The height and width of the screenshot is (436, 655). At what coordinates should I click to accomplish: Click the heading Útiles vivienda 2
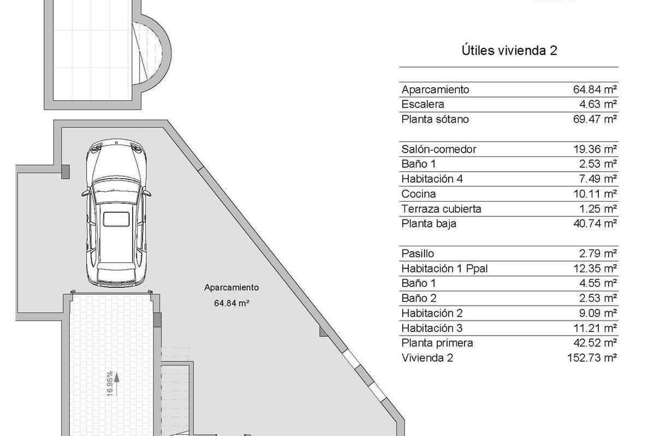[x=509, y=51]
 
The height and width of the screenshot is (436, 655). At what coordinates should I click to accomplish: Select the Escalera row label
[x=422, y=104]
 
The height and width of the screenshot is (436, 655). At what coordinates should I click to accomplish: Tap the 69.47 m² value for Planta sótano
[x=595, y=119]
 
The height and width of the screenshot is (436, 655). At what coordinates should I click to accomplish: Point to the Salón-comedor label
[x=439, y=149]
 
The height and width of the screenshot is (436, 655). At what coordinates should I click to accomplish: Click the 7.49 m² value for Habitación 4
[x=598, y=179]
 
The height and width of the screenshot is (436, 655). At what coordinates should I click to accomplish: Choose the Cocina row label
[x=419, y=194]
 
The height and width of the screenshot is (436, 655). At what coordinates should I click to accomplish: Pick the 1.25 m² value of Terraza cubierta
[x=598, y=209]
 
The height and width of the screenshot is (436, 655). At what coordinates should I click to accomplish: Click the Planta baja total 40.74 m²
[x=595, y=223]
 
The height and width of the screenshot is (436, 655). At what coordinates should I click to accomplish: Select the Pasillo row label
[x=418, y=253]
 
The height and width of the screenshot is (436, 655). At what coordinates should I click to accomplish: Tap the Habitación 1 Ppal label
[x=444, y=268]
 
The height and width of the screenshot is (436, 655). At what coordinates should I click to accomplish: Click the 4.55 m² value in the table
[x=598, y=283]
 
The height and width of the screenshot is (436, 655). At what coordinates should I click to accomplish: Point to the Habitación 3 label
[x=432, y=328]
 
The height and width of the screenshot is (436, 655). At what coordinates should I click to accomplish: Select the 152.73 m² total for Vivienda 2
[x=592, y=358]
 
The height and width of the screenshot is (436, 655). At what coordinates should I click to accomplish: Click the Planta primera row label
[x=437, y=343]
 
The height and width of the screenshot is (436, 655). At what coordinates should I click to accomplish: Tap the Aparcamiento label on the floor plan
[x=231, y=288]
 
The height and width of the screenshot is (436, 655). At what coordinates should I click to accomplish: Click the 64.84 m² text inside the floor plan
[x=231, y=303]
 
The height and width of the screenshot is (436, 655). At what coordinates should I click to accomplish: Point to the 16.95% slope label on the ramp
[x=110, y=384]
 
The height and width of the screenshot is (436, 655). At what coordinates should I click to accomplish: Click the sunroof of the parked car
[x=116, y=219]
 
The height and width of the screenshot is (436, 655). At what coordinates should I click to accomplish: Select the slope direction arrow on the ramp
[x=117, y=384]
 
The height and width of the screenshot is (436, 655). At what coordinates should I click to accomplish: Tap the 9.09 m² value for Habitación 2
[x=598, y=313]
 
